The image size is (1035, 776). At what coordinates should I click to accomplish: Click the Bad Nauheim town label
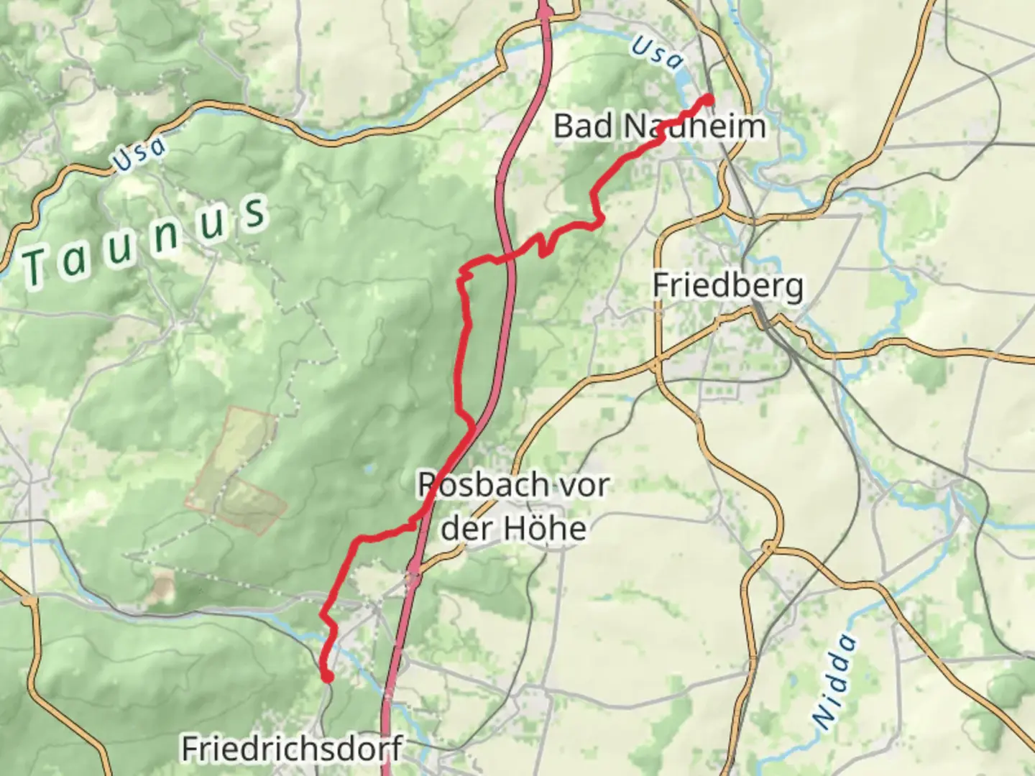659,126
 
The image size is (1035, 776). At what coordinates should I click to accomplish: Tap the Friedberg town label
727,285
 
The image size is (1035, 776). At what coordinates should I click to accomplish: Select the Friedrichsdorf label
291,749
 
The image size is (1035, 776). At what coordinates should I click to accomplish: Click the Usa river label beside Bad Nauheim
657,54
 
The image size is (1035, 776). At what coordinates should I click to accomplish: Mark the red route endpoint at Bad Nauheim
709,99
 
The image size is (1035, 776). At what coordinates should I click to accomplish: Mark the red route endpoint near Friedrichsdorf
327,676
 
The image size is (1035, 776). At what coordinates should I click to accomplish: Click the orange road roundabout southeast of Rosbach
768,548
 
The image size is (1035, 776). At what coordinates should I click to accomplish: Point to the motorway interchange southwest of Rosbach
412,574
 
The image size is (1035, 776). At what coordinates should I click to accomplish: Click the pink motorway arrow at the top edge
546,9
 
